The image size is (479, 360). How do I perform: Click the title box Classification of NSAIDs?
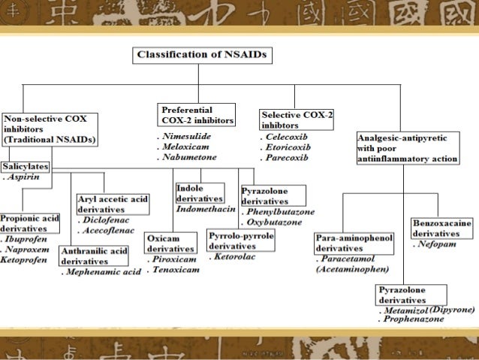click(x=204, y=55)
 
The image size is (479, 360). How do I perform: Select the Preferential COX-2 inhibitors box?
click(x=197, y=114)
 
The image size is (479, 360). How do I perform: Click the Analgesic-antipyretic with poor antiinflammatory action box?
click(x=407, y=148)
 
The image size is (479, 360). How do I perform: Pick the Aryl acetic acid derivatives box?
click(x=113, y=203)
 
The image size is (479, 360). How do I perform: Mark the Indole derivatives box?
click(x=199, y=192)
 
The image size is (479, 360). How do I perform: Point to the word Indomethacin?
click(x=206, y=207)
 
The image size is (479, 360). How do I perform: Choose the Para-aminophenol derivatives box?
click(x=354, y=243)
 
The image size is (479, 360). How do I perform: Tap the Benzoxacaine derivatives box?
click(x=441, y=228)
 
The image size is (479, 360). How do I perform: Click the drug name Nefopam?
click(x=441, y=244)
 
